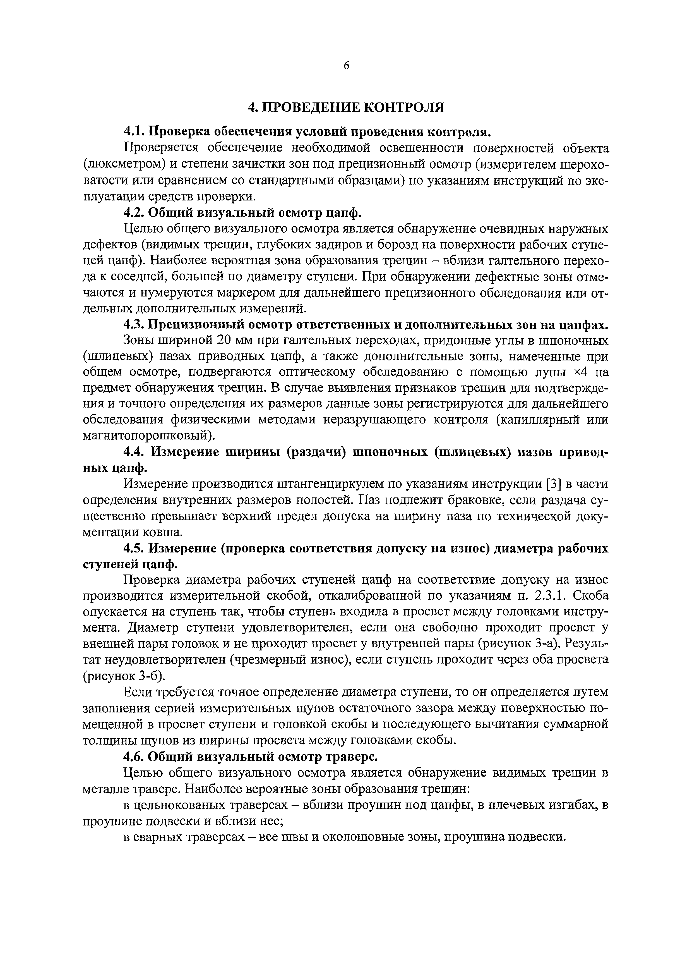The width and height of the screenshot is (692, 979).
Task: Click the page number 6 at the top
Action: pyautogui.click(x=346, y=66)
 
